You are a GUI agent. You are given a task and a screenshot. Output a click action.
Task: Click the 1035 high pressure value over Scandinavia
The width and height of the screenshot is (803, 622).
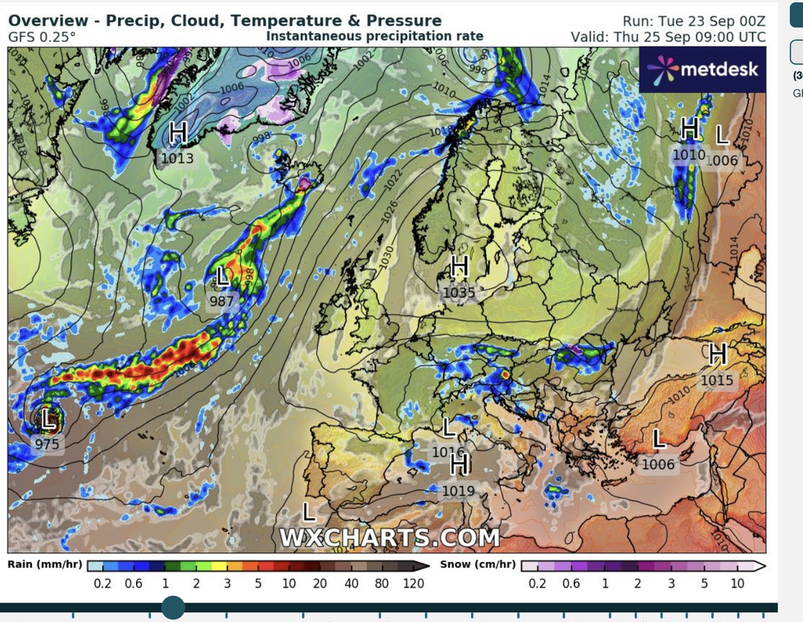459,291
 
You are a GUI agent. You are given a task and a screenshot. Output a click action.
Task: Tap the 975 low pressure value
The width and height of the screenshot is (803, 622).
47,443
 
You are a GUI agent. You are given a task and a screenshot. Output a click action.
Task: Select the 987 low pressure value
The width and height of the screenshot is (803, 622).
221,301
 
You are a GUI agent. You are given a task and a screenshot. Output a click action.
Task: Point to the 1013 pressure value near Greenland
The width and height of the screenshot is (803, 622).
177,157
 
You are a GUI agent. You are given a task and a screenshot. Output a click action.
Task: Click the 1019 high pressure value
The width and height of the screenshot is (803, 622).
459,491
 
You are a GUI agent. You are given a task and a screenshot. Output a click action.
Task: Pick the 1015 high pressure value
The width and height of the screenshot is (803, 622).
717,380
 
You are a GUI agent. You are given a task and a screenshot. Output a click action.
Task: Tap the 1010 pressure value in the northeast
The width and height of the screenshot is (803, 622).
689,154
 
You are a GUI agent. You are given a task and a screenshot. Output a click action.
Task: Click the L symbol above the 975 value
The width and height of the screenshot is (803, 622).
49,420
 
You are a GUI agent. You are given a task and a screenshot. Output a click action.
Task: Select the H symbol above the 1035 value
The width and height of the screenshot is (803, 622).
459,266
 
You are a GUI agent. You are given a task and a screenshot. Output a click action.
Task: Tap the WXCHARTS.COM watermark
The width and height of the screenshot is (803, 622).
389,538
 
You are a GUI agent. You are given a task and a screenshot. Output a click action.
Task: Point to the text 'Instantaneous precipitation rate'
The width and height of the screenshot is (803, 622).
374,36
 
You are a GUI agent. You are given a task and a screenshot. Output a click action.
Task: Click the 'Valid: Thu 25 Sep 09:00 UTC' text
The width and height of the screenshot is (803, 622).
668,37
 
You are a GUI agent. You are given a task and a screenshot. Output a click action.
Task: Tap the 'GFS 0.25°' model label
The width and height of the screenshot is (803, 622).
42,37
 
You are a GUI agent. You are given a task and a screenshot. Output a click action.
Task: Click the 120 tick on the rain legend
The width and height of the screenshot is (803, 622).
413,583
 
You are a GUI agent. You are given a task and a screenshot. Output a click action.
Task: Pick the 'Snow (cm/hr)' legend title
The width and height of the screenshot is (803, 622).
478,565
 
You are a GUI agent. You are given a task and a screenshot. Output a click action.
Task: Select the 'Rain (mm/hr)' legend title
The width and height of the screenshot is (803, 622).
44,565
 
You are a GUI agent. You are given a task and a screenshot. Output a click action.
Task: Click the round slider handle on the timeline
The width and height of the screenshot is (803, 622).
173,607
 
